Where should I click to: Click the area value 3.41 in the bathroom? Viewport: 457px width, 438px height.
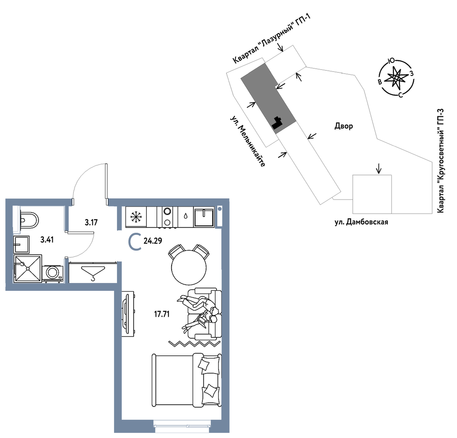(47, 239)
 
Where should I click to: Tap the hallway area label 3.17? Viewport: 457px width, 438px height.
(91, 222)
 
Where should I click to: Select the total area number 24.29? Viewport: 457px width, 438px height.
(153, 241)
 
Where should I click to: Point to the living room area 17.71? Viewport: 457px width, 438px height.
(162, 313)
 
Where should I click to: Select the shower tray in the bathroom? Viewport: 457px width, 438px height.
(28, 268)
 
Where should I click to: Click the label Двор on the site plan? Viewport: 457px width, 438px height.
(343, 126)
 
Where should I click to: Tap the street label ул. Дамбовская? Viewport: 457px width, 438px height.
(361, 222)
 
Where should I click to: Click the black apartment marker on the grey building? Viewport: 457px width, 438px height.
(277, 123)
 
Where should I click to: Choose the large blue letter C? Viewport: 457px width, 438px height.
(135, 242)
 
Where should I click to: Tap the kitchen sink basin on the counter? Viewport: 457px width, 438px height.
(204, 217)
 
